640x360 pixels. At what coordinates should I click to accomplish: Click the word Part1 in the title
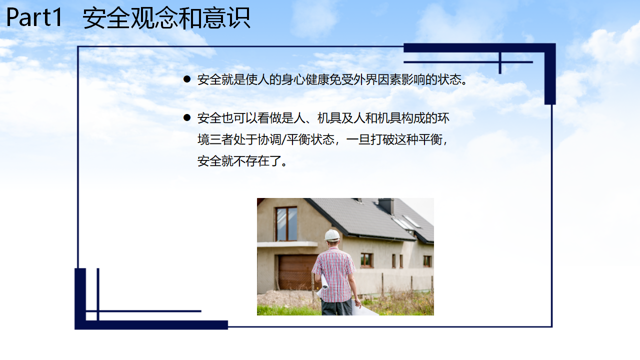click(34, 17)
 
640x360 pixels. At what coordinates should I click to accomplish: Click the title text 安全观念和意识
click(166, 18)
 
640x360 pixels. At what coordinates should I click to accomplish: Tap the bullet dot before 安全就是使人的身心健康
click(187, 79)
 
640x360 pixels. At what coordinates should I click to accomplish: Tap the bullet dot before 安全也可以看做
click(187, 117)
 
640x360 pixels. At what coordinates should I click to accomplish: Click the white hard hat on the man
click(332, 235)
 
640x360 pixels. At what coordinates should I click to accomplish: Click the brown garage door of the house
click(297, 272)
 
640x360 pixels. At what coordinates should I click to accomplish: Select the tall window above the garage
click(286, 224)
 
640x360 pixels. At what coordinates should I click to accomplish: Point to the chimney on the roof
click(386, 205)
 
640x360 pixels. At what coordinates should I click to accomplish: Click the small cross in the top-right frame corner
click(500, 62)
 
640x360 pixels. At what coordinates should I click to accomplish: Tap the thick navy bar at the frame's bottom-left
click(151, 325)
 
